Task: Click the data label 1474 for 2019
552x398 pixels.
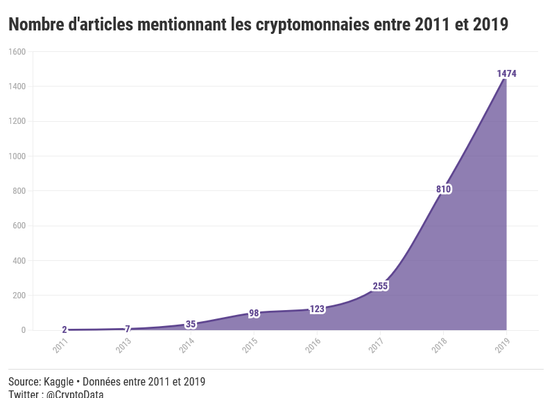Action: tap(506, 74)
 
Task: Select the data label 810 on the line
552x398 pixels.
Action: tap(444, 189)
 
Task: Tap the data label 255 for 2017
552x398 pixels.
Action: tap(380, 286)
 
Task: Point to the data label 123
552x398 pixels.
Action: tap(317, 309)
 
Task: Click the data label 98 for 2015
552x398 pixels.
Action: tap(254, 314)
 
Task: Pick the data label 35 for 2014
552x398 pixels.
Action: tap(191, 324)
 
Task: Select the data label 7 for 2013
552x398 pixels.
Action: tap(128, 329)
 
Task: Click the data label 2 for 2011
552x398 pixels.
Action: tap(64, 330)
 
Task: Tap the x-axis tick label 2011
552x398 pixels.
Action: tap(60, 345)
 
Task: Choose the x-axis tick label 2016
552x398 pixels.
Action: tap(313, 345)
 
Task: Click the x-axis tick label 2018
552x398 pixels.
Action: tap(439, 345)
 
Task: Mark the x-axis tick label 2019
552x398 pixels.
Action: tap(502, 345)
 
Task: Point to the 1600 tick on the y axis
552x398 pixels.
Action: tap(17, 52)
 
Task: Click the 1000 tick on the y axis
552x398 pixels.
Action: tap(17, 156)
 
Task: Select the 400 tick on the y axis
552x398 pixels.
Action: tap(19, 261)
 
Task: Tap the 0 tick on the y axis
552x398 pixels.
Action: tap(23, 330)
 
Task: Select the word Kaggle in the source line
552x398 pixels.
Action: tap(60, 381)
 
